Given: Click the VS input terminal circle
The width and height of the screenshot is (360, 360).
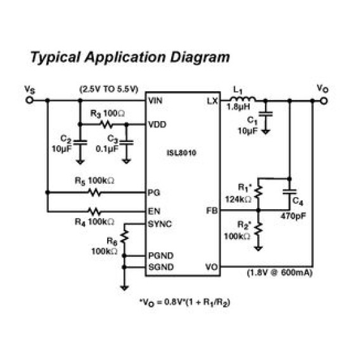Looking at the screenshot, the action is [29, 100].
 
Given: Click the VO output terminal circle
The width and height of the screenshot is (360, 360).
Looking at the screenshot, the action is [324, 101].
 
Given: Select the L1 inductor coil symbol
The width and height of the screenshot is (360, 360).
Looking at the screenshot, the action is [242, 99].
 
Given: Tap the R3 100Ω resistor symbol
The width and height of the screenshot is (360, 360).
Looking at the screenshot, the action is [106, 124].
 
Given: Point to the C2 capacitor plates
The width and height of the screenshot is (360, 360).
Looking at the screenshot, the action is [80, 143].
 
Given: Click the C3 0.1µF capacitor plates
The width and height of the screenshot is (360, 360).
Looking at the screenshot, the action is [126, 143].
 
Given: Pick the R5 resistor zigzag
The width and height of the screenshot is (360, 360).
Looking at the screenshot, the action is [94, 193].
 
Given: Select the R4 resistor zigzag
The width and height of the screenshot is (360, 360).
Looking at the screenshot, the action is [94, 212].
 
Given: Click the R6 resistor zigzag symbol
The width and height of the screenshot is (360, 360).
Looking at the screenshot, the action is [124, 236].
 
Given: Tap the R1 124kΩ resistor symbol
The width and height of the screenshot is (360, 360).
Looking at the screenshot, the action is [259, 191].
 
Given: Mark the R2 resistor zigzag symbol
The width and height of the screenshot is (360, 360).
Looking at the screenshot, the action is [259, 228].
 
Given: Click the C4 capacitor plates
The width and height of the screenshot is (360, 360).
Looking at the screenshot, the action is [290, 191].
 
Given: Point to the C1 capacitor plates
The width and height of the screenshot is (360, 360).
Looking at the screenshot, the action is [266, 114].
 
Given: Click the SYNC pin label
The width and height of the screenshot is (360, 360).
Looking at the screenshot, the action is [160, 224].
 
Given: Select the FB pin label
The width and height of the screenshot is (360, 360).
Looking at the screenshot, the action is [212, 210].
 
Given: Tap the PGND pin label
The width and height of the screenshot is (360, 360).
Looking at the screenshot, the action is [161, 255].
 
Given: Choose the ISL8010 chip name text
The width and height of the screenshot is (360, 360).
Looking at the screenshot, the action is [181, 153].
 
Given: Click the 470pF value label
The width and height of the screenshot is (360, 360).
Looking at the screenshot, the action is [293, 216].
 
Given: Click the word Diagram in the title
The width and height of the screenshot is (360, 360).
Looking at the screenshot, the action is [200, 58].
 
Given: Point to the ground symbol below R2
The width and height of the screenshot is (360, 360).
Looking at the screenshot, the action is [259, 248].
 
